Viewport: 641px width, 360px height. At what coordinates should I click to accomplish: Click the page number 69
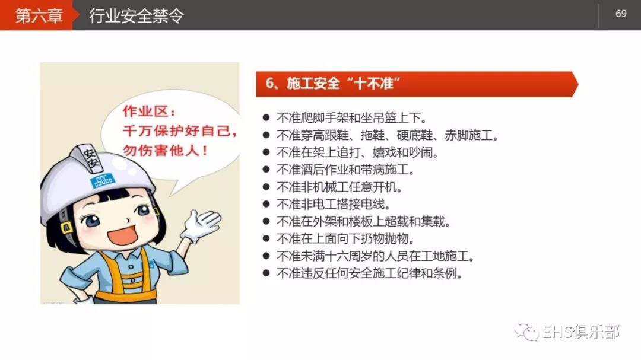coord(621,14)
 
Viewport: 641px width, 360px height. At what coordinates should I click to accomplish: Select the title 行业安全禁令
coord(137,15)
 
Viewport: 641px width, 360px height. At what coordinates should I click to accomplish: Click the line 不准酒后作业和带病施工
coord(345,170)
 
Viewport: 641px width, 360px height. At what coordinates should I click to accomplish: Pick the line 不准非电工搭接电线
coord(334,205)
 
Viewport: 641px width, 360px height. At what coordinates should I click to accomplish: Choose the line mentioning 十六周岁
coord(375,257)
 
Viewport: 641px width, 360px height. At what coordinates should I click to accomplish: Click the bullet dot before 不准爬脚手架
coord(266,117)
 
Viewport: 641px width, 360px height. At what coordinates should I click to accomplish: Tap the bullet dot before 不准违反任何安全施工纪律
coord(266,274)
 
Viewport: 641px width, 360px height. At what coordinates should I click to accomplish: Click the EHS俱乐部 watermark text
coord(581,332)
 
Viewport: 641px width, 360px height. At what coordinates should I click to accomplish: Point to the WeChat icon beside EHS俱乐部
coord(527,332)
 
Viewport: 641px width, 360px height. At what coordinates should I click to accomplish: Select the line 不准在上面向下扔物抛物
coord(345,239)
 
